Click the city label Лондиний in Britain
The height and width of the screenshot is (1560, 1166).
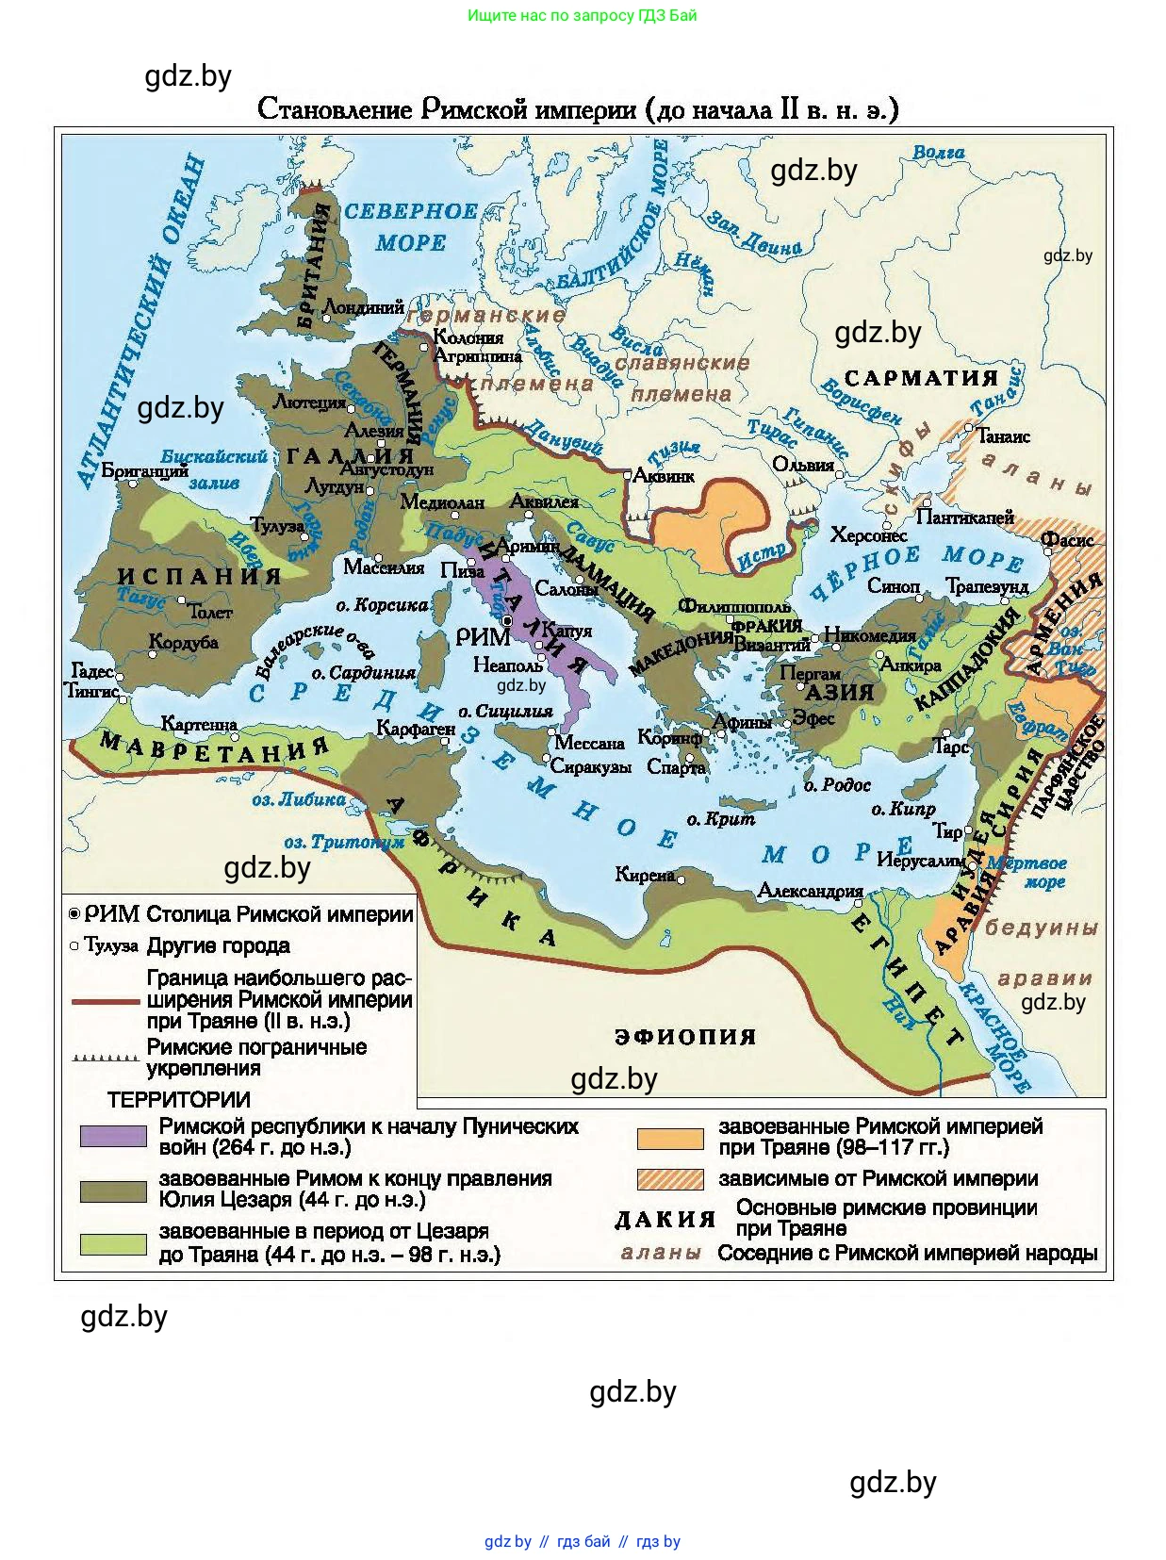click(363, 307)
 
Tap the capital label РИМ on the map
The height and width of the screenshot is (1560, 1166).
click(483, 637)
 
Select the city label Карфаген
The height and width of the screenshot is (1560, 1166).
click(415, 728)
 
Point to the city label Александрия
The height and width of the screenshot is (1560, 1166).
click(810, 891)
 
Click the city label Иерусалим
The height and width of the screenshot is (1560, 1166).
click(919, 860)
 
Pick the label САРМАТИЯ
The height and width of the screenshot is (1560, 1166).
click(920, 378)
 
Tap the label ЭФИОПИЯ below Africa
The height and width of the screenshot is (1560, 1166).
click(685, 1036)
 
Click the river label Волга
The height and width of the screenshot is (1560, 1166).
click(938, 152)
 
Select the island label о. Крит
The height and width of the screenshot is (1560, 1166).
click(721, 819)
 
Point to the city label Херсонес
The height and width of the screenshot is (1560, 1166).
click(868, 534)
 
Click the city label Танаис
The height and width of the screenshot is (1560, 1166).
click(1003, 436)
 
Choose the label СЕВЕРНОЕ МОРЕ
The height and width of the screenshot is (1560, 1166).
click(410, 226)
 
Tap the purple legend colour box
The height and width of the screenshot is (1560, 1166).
click(113, 1136)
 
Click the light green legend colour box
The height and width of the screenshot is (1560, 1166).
click(113, 1243)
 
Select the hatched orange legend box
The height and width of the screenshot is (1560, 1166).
click(669, 1179)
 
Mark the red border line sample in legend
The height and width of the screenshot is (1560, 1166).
click(106, 1001)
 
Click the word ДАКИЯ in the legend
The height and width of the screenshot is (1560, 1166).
click(665, 1220)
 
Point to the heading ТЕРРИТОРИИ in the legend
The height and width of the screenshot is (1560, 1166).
click(179, 1099)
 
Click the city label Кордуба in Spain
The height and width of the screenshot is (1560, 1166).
click(184, 642)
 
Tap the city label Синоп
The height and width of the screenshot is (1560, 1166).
click(893, 586)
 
